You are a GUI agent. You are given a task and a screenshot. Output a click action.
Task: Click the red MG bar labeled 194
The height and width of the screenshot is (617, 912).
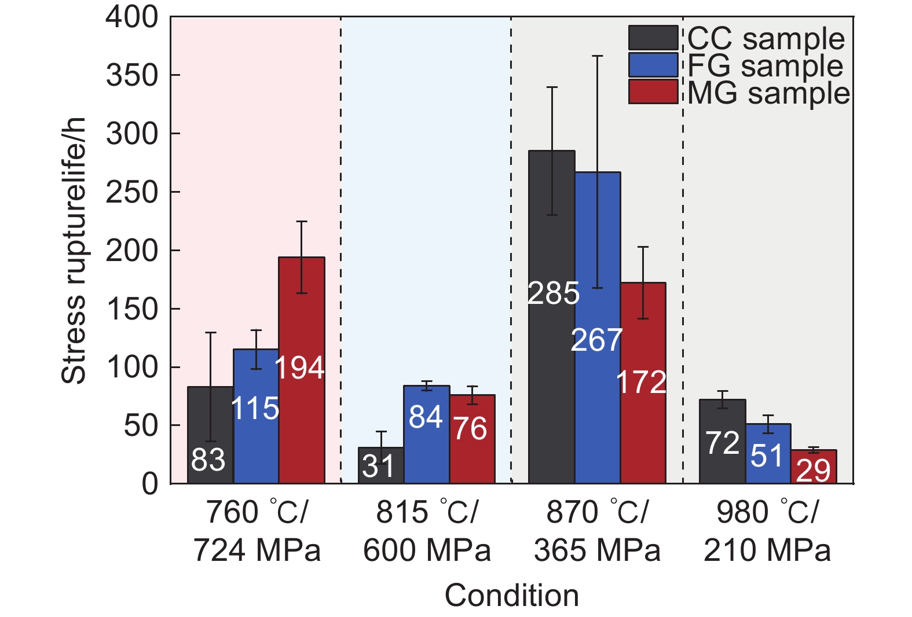(x=302, y=370)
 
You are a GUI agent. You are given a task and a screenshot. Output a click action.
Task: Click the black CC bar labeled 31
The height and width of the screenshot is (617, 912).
(x=380, y=465)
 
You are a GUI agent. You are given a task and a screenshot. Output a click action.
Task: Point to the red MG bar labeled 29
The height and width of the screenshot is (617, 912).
(x=814, y=467)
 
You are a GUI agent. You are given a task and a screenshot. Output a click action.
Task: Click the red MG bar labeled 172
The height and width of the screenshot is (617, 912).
(x=643, y=383)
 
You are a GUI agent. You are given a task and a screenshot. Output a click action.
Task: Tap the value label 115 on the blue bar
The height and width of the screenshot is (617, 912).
(x=255, y=409)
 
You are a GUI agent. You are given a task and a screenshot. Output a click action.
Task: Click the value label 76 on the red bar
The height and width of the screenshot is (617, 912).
(x=470, y=429)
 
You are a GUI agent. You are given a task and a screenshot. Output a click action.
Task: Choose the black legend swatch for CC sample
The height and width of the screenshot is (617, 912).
(x=653, y=38)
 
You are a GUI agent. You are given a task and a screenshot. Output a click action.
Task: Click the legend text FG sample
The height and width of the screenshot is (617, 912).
(x=765, y=65)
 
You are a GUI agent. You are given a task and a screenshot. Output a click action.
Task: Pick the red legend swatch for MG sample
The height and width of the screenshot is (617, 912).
(x=653, y=91)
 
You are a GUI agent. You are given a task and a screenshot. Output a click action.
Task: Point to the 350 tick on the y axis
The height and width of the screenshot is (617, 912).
(x=132, y=75)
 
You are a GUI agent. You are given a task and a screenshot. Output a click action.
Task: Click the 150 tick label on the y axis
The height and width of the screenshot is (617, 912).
(x=132, y=309)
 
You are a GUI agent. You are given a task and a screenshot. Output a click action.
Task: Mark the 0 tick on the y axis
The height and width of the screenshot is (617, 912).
(x=149, y=484)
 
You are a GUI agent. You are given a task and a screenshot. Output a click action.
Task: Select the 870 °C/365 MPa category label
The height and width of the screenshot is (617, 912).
(x=597, y=531)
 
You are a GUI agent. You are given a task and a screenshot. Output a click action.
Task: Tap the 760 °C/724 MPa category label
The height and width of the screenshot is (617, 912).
(x=257, y=531)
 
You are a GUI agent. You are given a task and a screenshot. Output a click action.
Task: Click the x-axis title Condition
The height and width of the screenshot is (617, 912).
(x=511, y=595)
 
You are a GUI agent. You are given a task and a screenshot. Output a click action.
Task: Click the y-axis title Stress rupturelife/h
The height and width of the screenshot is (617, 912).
(x=74, y=250)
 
